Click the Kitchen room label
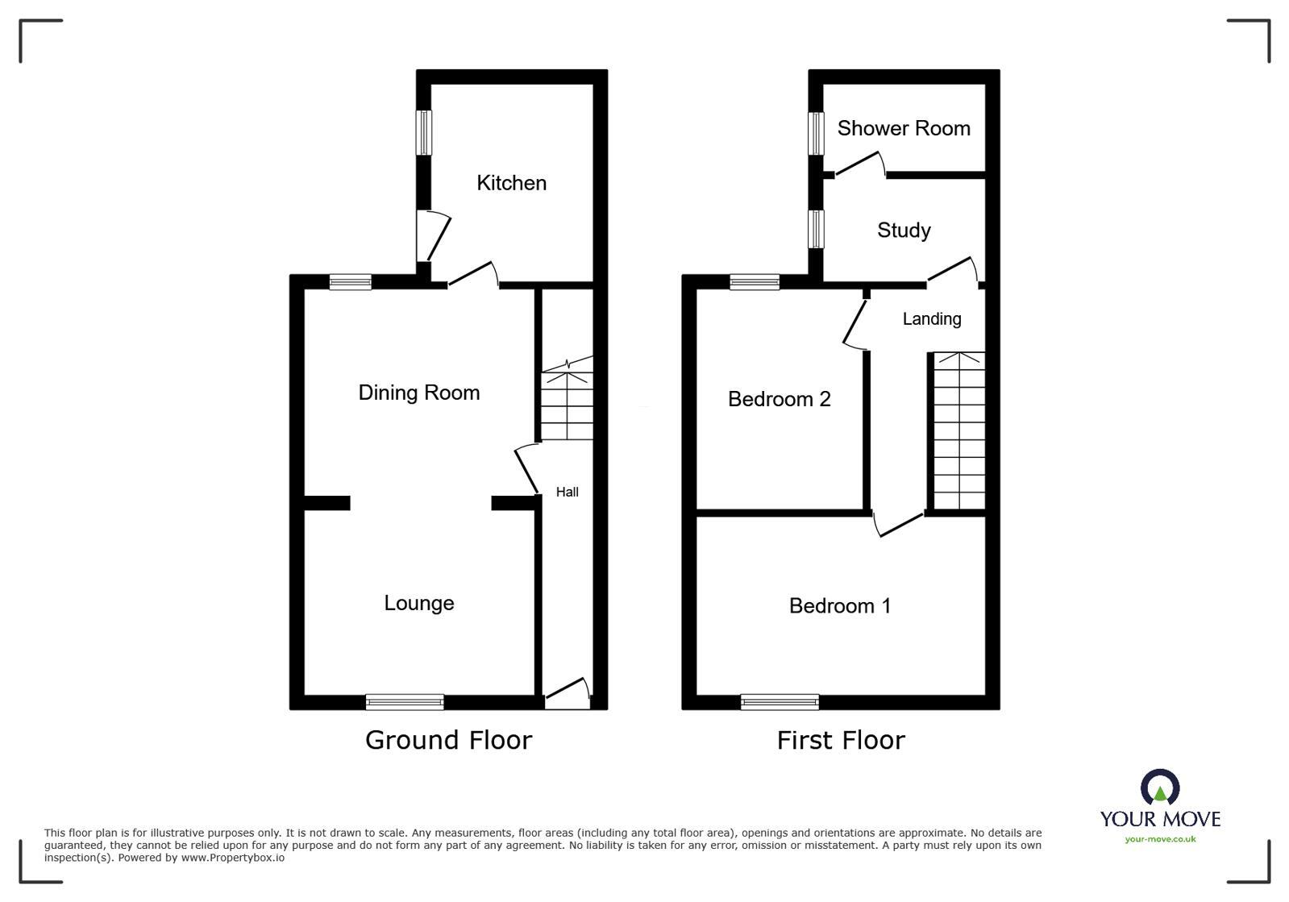511,183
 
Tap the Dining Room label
418,393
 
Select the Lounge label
418,603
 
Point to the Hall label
567,492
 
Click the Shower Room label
903,128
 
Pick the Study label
904,231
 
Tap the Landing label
931,319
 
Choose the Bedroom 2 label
779,399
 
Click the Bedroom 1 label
840,606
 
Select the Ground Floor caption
448,740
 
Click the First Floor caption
841,740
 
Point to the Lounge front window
405,702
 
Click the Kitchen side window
423,133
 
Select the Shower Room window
816,133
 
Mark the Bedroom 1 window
780,702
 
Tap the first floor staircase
959,431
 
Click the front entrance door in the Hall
568,694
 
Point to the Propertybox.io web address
232,858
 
